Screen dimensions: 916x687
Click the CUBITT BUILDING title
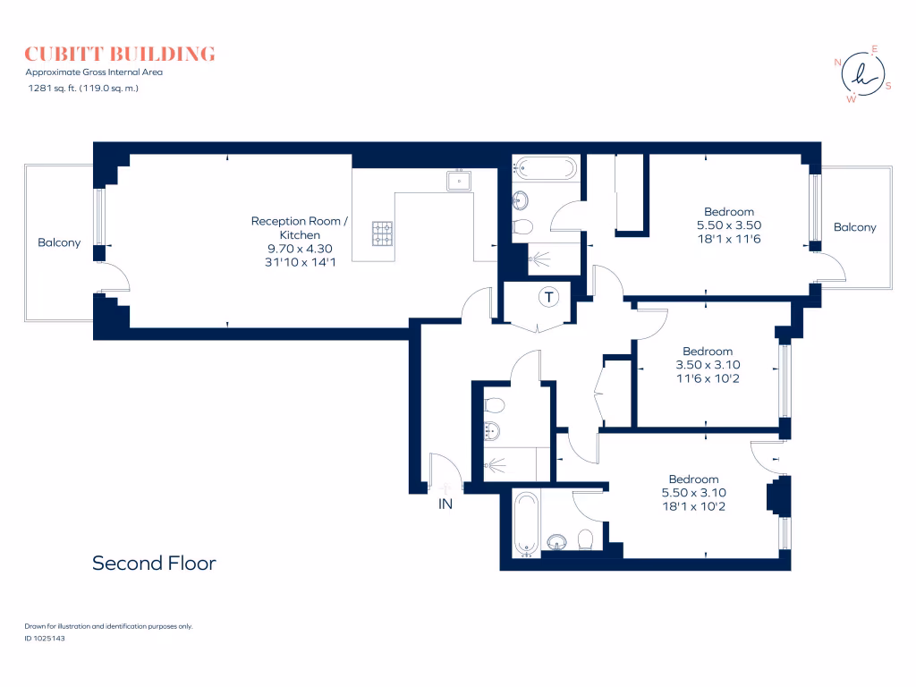[x=120, y=54]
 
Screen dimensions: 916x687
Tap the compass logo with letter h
[x=863, y=74]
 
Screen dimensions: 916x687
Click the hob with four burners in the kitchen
[x=383, y=233]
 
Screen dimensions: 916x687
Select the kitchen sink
[x=459, y=181]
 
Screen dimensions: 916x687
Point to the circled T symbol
[x=548, y=297]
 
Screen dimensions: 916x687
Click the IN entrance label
[x=445, y=504]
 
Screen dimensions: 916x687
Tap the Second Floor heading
[x=154, y=564]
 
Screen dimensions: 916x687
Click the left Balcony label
[x=59, y=242]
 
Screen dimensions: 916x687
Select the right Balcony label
[x=854, y=227]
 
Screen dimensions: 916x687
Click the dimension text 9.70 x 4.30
[x=300, y=249]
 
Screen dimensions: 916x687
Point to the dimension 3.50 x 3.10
[x=708, y=365]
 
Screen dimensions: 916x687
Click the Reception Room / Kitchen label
[x=300, y=228]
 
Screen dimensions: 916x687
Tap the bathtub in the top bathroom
[x=545, y=168]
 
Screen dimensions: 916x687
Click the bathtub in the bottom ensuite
[x=526, y=524]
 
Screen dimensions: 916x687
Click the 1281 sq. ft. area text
[x=83, y=89]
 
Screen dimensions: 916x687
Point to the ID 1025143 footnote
[x=45, y=638]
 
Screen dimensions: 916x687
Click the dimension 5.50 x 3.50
[x=729, y=225]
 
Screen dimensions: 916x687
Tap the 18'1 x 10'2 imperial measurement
[x=694, y=506]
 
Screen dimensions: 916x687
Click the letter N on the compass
[x=837, y=62]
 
